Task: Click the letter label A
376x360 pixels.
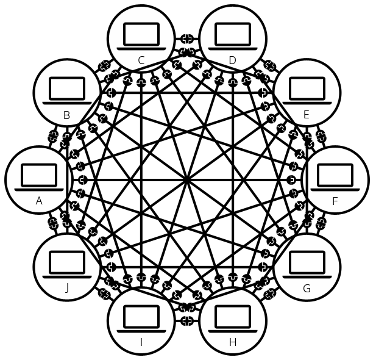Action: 39,201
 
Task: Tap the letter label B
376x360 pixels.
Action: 67,114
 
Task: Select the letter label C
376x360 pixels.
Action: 141,60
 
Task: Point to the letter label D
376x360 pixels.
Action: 232,60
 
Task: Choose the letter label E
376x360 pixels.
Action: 306,114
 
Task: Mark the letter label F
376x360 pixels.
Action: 335,201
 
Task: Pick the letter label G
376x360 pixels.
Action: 306,288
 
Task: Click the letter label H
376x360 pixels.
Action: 232,342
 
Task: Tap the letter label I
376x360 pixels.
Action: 141,342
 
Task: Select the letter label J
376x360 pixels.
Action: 67,288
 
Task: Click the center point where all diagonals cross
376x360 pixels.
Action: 186,179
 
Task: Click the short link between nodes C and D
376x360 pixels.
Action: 187,38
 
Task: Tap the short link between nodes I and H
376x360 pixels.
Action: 187,320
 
